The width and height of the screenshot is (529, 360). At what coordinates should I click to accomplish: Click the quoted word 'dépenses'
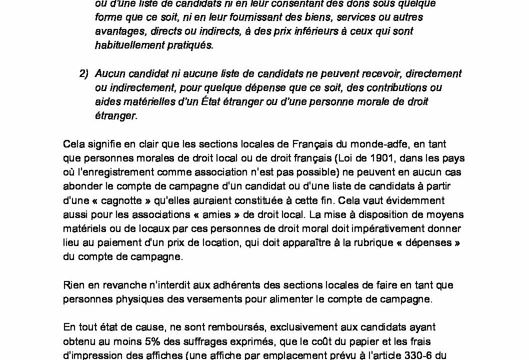pyautogui.click(x=427, y=242)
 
